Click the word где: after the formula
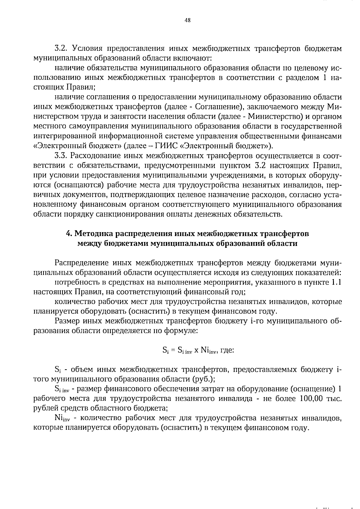click(x=227, y=350)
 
